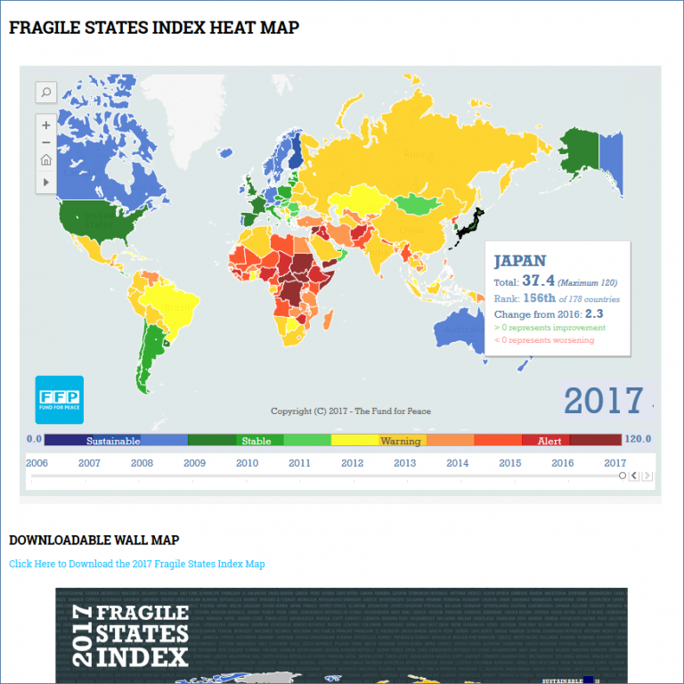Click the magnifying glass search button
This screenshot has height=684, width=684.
(x=46, y=92)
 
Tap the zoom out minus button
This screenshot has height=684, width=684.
(x=46, y=142)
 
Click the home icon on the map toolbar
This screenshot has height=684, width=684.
(x=46, y=161)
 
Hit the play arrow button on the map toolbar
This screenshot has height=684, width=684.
(x=46, y=182)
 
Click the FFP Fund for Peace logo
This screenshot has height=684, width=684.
(x=59, y=400)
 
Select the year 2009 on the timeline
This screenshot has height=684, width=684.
(x=194, y=463)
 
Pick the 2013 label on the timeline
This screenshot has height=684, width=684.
(x=404, y=463)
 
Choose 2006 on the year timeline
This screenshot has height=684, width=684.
(x=37, y=463)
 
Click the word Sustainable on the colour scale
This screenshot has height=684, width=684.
(x=113, y=440)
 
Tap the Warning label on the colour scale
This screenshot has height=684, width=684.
(x=400, y=440)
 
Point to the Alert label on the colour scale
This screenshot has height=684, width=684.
(x=549, y=440)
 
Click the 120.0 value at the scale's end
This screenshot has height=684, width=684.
(x=637, y=439)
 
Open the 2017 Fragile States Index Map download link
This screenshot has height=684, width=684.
(x=137, y=564)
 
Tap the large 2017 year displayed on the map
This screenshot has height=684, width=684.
(x=603, y=401)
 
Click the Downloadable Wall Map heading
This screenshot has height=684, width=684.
(x=94, y=540)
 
